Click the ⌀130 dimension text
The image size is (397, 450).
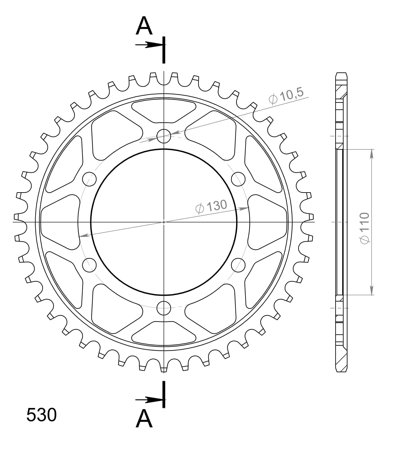[211, 206]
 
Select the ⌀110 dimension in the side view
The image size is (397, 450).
[364, 228]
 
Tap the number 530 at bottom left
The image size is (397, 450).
[41, 415]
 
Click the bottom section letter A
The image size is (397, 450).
[144, 418]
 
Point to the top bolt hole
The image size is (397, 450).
[164, 136]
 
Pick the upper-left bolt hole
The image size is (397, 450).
[89, 178]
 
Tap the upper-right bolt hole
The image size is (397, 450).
[238, 178]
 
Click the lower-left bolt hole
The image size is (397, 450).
[89, 264]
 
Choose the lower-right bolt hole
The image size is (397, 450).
[238, 264]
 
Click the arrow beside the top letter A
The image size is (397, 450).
[149, 45]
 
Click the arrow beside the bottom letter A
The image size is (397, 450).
[149, 400]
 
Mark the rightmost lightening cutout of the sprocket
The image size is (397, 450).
[268, 222]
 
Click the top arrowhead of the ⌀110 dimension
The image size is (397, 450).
[371, 153]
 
